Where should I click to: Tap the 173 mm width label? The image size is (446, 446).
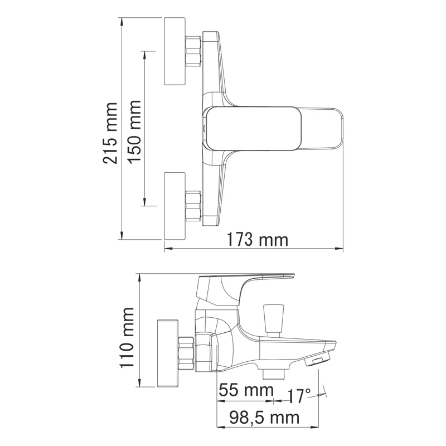(258, 240)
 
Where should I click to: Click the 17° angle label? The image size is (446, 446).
(299, 396)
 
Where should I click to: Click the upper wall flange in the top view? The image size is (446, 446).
(174, 51)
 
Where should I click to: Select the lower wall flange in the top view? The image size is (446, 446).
(174, 206)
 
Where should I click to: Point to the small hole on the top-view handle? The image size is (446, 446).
(205, 128)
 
